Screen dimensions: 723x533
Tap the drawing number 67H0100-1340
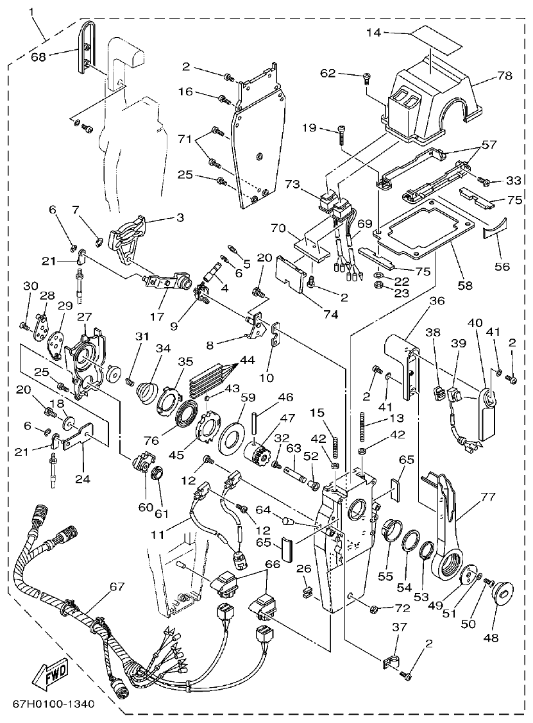point(53,704)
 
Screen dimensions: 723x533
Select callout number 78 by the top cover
point(504,76)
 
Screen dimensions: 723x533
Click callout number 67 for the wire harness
point(117,586)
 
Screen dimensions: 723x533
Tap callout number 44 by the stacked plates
point(246,361)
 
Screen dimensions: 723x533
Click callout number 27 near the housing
point(84,317)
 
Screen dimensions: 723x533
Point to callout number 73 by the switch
point(292,185)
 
